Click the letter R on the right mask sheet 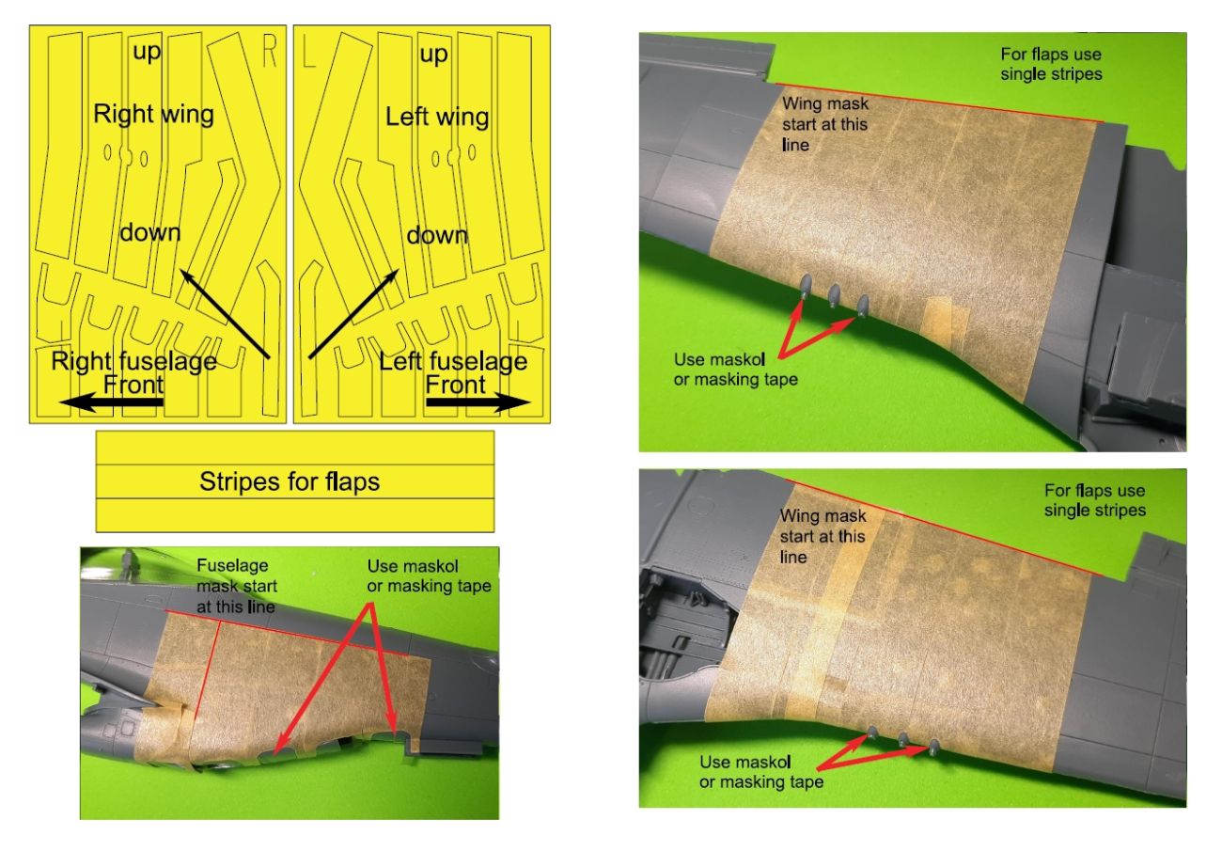(x=270, y=52)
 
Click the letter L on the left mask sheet (x=309, y=52)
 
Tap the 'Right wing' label (x=153, y=115)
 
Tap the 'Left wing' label (x=437, y=117)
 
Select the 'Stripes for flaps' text (x=290, y=481)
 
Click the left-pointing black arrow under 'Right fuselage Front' (x=111, y=403)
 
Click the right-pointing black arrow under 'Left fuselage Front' (x=478, y=403)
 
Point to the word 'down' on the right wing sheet (x=150, y=233)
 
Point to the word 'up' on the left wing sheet (x=433, y=55)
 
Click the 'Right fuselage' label (x=133, y=361)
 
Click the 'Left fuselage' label (x=453, y=361)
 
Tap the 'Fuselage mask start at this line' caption (x=237, y=586)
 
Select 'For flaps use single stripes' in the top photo (x=1051, y=64)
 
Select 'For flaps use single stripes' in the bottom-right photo (x=1095, y=500)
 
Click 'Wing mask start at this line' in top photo (x=824, y=124)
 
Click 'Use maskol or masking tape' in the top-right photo (x=735, y=370)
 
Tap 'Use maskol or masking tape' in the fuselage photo (x=429, y=575)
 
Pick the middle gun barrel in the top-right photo (x=834, y=295)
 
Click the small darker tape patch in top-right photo (x=941, y=318)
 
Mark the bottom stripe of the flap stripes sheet (x=295, y=515)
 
